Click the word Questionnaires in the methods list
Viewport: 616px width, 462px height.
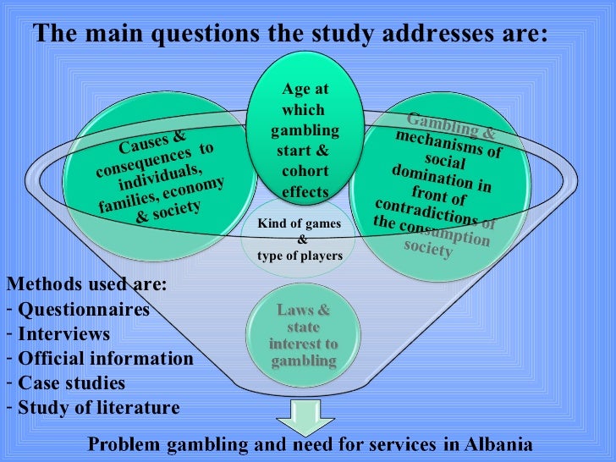coord(84,310)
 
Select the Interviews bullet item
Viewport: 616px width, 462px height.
coord(63,334)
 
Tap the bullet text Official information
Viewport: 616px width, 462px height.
coord(105,359)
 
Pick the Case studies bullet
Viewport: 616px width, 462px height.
coord(71,383)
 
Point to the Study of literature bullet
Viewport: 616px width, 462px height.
coord(98,408)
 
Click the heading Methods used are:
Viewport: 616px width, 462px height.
coord(86,284)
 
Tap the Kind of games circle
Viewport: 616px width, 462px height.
coord(300,239)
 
